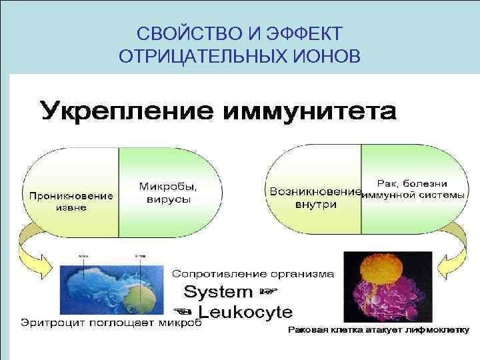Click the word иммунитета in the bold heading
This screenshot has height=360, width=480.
point(313,112)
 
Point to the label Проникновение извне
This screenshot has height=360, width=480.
point(70,201)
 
